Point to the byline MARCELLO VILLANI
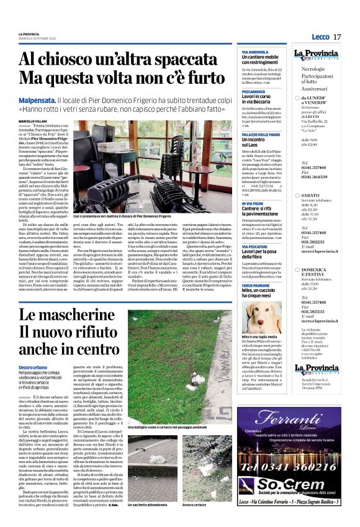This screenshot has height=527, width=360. (34, 122)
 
